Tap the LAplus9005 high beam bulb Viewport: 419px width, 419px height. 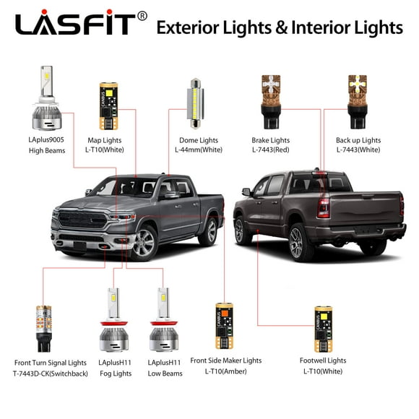(x=44, y=101)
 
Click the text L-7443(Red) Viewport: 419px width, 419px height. (x=270, y=150)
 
